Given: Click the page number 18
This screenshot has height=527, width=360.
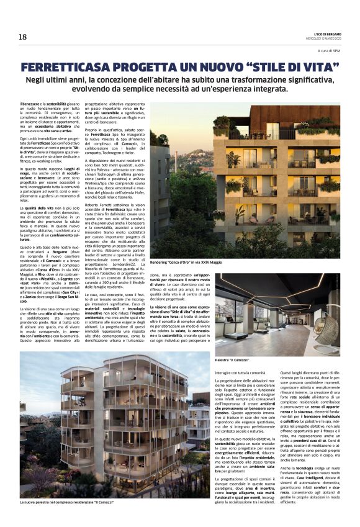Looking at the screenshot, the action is [23, 37].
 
